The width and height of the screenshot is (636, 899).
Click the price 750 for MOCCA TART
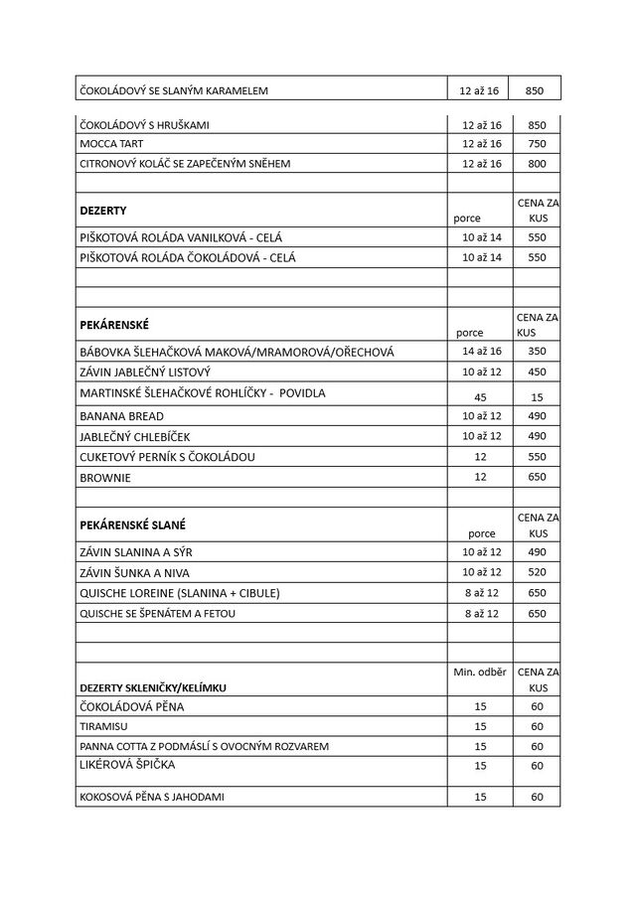click(x=537, y=144)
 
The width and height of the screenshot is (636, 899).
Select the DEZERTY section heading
click(x=102, y=211)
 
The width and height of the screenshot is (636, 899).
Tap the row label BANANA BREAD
click(x=121, y=415)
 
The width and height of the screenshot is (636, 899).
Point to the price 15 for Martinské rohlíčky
click(x=537, y=397)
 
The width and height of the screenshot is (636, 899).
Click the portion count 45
click(x=481, y=397)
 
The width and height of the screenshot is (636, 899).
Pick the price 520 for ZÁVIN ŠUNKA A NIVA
click(x=537, y=572)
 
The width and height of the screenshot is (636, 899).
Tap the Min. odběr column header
click(x=481, y=673)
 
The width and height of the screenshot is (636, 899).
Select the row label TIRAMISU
click(x=102, y=726)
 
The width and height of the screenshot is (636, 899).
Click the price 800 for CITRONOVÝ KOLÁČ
click(x=537, y=163)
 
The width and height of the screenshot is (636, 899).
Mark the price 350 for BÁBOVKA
click(x=537, y=352)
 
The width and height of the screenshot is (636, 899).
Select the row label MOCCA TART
click(x=106, y=144)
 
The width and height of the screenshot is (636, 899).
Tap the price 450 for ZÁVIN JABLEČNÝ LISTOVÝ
click(x=537, y=373)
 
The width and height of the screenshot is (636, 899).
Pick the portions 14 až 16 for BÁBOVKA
click(x=481, y=352)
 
